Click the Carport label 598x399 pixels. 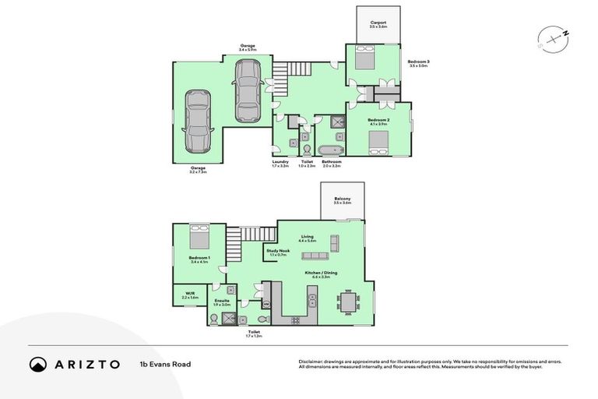(x=378, y=24)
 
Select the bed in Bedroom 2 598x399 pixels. (x=378, y=141)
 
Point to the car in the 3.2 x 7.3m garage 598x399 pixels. (x=198, y=122)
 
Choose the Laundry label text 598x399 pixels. (x=280, y=163)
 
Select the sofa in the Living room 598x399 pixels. (x=317, y=256)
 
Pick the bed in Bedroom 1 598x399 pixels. (x=198, y=237)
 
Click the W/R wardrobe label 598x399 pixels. (x=190, y=295)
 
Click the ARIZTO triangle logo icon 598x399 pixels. (x=38, y=365)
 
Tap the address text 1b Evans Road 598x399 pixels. (x=165, y=364)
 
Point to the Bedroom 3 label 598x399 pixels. (x=418, y=62)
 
